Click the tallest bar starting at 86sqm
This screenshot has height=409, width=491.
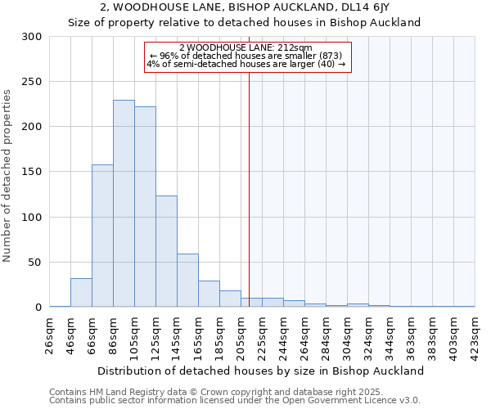[124, 204]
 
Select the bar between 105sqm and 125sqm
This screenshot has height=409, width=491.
[145, 207]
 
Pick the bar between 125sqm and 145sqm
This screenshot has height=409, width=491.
[166, 251]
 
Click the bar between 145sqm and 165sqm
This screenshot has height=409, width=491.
[187, 281]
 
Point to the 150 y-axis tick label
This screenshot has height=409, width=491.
[31, 173]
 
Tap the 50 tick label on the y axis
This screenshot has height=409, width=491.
[34, 263]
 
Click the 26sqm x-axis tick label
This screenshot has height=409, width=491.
[50, 334]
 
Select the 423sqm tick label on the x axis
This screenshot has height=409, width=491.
[475, 334]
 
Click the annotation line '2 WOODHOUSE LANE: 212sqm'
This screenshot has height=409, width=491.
[245, 47]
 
